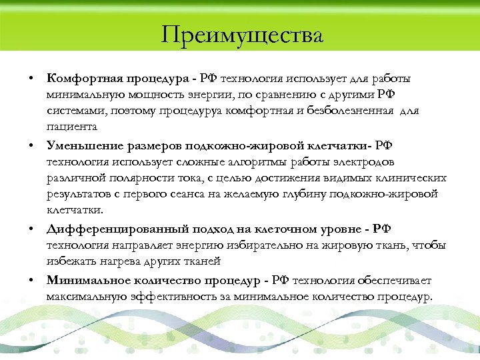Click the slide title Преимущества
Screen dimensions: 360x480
point(241,34)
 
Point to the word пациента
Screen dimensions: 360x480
point(72,126)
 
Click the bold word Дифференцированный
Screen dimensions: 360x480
point(109,229)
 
